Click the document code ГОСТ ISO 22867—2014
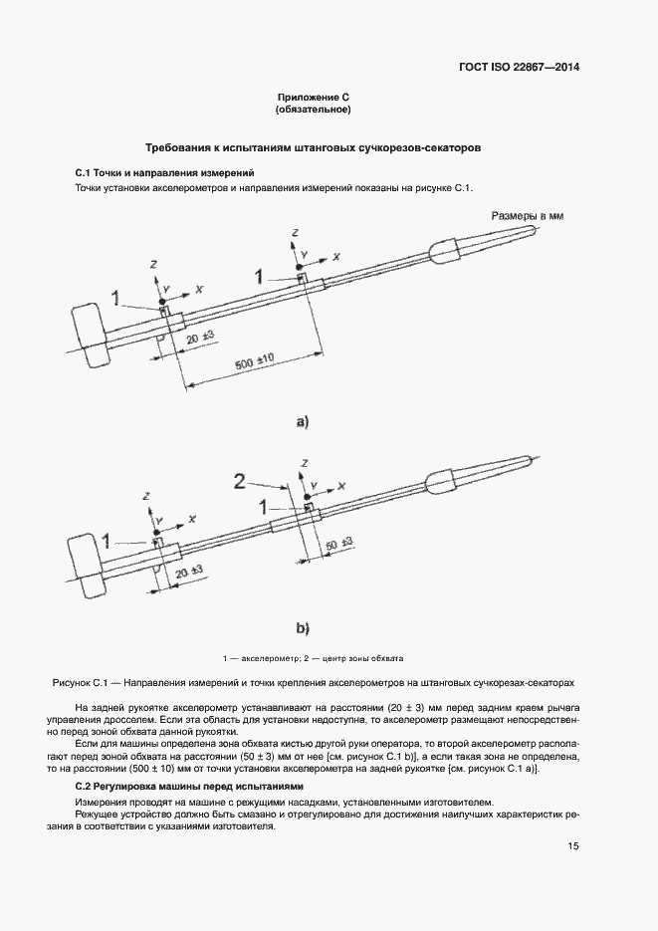519,68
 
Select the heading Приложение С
314,97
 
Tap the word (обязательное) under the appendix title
314,110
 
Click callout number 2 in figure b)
240,481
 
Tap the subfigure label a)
303,422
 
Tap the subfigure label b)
303,628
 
